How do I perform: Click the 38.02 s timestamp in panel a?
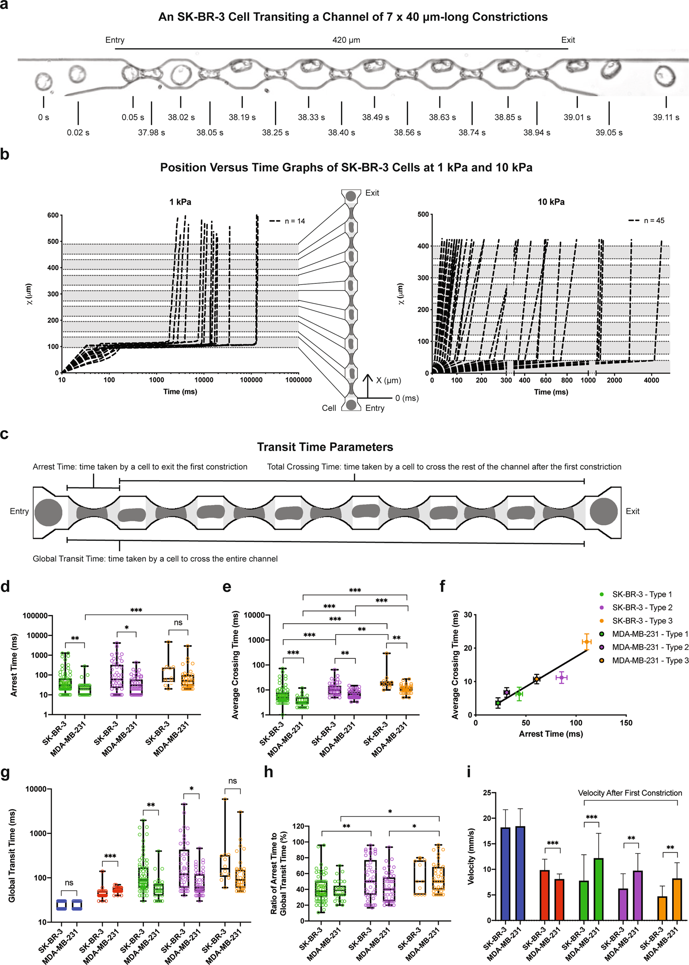[181, 117]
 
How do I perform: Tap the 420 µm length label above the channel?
[346, 40]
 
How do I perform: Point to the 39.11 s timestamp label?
[665, 117]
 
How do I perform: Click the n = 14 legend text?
[294, 221]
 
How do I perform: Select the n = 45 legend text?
[654, 221]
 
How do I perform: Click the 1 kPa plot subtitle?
[180, 202]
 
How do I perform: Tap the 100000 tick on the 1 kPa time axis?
[251, 380]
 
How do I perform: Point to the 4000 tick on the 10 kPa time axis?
[651, 380]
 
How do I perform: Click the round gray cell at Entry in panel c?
[48, 512]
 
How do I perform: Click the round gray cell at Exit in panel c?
[603, 511]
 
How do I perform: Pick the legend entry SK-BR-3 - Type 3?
[642, 621]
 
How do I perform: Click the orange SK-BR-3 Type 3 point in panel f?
[586, 642]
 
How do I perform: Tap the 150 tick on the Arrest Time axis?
[626, 723]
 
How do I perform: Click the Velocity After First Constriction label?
[630, 793]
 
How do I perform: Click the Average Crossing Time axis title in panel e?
[235, 664]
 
